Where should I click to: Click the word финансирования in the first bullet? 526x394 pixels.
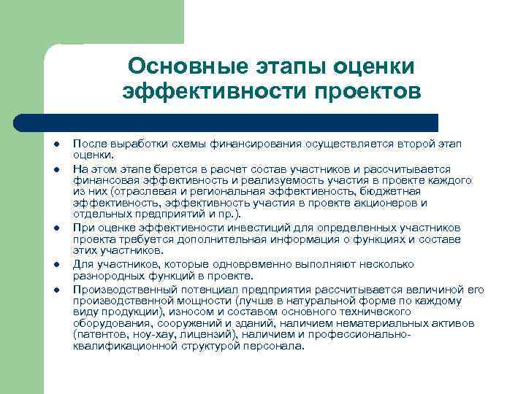[240, 144]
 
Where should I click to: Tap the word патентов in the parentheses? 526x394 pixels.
[103, 335]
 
